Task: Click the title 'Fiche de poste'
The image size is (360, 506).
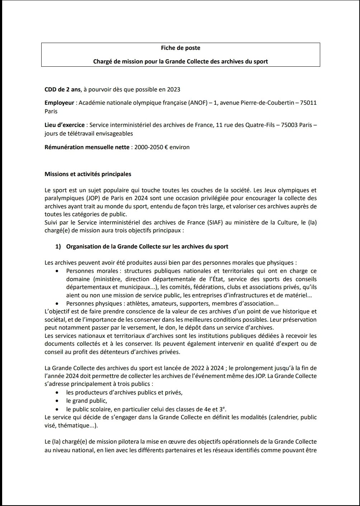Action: [x=180, y=48]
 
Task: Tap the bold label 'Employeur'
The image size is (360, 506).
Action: [x=59, y=103]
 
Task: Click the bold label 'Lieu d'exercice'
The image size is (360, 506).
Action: [x=65, y=125]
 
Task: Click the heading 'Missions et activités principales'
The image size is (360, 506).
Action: [x=88, y=174]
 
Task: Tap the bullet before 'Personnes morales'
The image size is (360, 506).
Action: [x=57, y=271]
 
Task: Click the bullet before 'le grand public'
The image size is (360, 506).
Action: [x=57, y=401]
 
